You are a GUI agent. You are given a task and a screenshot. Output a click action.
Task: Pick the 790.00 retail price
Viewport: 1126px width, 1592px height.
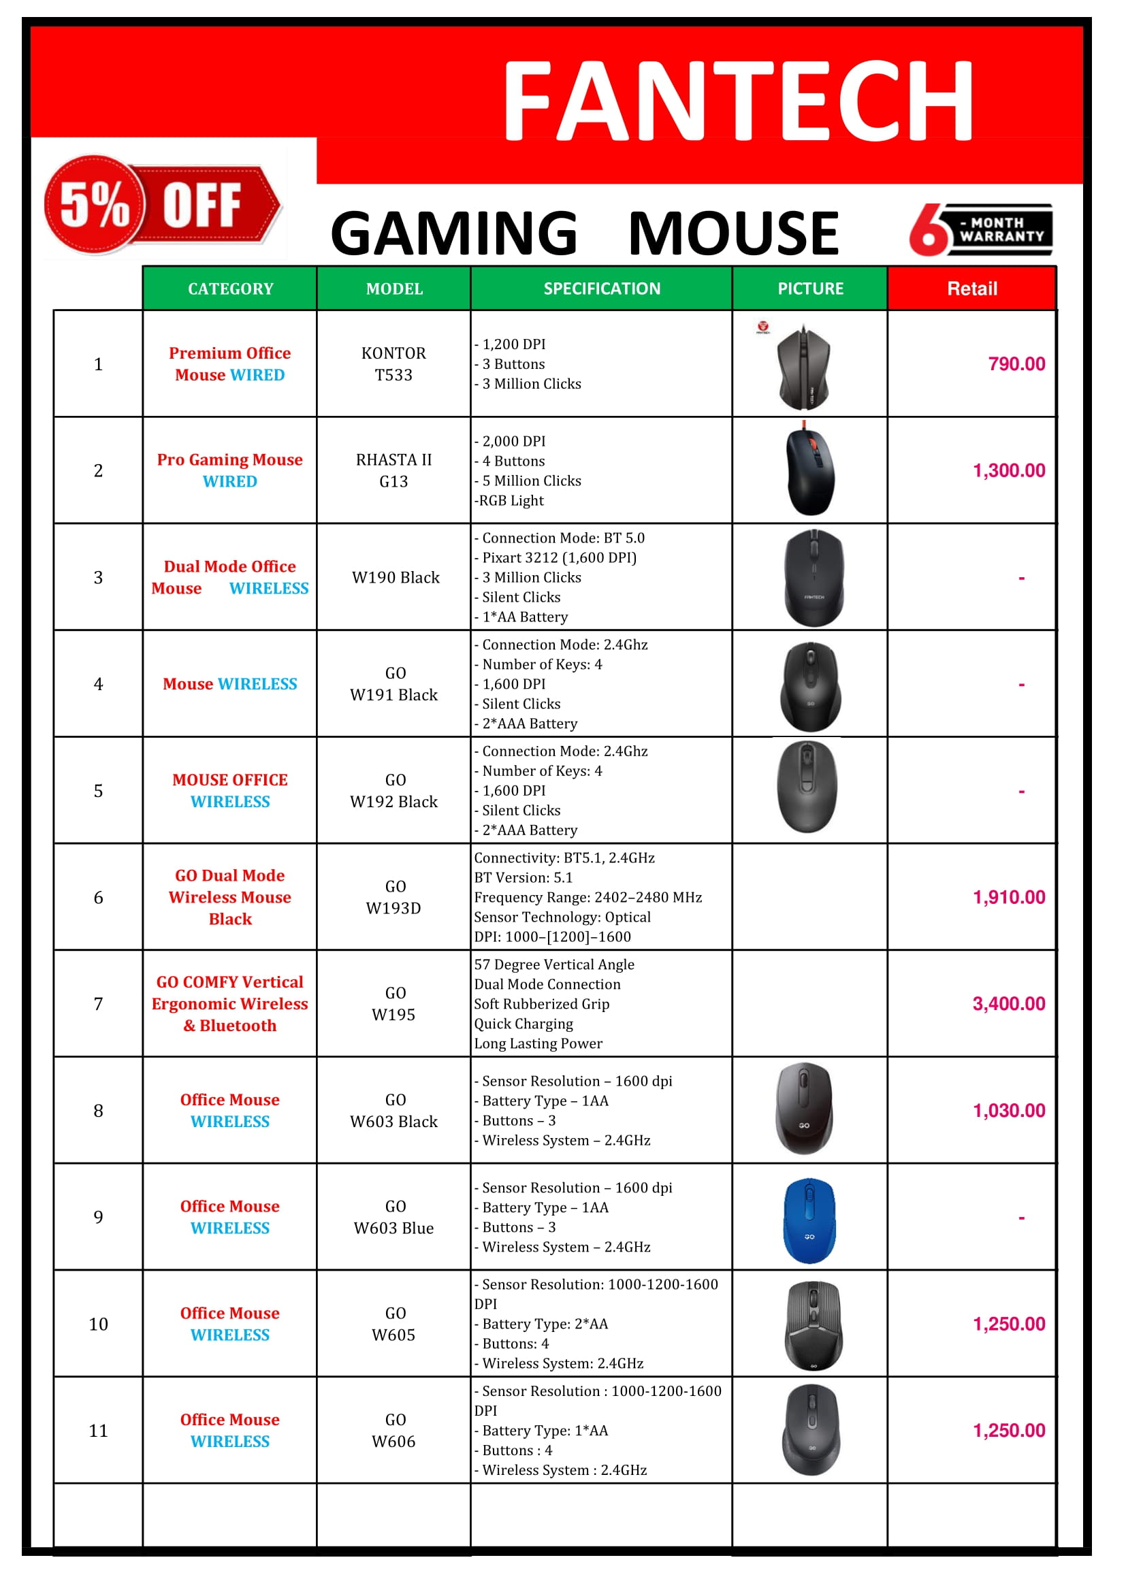tap(1016, 364)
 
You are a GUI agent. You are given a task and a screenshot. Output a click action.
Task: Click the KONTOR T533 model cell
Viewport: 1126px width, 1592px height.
tap(393, 364)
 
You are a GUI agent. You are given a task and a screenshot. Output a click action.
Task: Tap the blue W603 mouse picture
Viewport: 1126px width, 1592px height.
tap(809, 1220)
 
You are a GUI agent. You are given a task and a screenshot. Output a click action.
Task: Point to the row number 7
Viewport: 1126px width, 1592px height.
tap(98, 1004)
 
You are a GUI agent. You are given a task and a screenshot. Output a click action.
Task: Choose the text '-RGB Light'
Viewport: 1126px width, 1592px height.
tap(509, 501)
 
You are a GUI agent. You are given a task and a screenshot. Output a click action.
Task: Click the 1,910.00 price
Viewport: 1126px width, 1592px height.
tap(1008, 897)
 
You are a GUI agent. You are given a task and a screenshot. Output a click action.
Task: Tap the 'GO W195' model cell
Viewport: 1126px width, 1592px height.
tap(393, 1004)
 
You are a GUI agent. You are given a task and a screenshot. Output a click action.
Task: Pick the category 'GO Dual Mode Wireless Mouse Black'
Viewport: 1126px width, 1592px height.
tap(229, 897)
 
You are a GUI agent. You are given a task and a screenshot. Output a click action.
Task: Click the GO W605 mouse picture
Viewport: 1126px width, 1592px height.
tap(814, 1325)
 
